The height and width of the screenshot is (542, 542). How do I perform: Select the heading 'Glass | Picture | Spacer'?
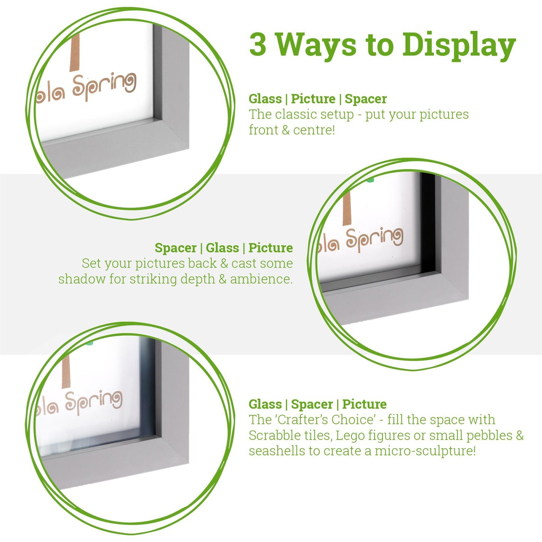317,99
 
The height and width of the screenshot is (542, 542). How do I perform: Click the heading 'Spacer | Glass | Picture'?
224,248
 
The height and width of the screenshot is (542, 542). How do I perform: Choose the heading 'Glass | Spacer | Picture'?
317,404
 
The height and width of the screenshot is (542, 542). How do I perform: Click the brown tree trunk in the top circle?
75,53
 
